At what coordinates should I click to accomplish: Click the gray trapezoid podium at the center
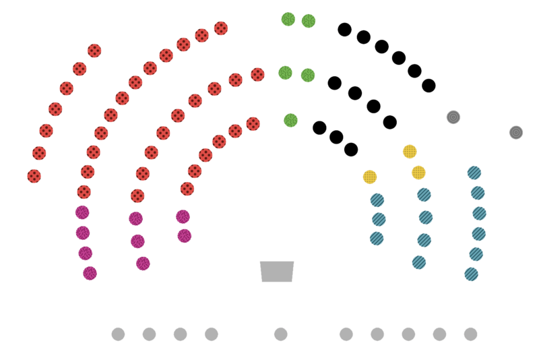pos(278,270)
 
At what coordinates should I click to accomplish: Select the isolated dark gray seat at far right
pos(516,132)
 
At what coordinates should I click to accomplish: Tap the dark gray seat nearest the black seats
pos(453,117)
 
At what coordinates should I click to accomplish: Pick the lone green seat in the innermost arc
pos(290,120)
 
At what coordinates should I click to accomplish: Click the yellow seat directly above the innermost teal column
pos(370,177)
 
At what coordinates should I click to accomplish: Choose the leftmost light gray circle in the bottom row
pos(118,334)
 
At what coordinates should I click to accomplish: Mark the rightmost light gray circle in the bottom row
pos(470,334)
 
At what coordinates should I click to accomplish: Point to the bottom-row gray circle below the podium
pos(281,334)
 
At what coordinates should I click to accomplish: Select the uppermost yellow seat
pos(410,151)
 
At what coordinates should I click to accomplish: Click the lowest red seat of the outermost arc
pos(34,175)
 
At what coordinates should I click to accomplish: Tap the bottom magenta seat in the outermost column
pos(90,273)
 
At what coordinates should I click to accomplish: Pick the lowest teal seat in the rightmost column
pos(472,274)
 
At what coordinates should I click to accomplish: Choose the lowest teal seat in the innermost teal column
pos(377,238)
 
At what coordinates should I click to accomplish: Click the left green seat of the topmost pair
pos(288,19)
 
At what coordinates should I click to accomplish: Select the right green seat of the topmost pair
pos(309,20)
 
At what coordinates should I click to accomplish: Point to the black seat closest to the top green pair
pos(345,29)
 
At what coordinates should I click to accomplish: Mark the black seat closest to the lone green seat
pos(319,127)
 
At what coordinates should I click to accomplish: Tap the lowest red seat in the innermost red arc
pos(187,188)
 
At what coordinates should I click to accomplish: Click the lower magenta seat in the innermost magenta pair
pos(185,235)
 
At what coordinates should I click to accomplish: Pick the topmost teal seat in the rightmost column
pos(474,173)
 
